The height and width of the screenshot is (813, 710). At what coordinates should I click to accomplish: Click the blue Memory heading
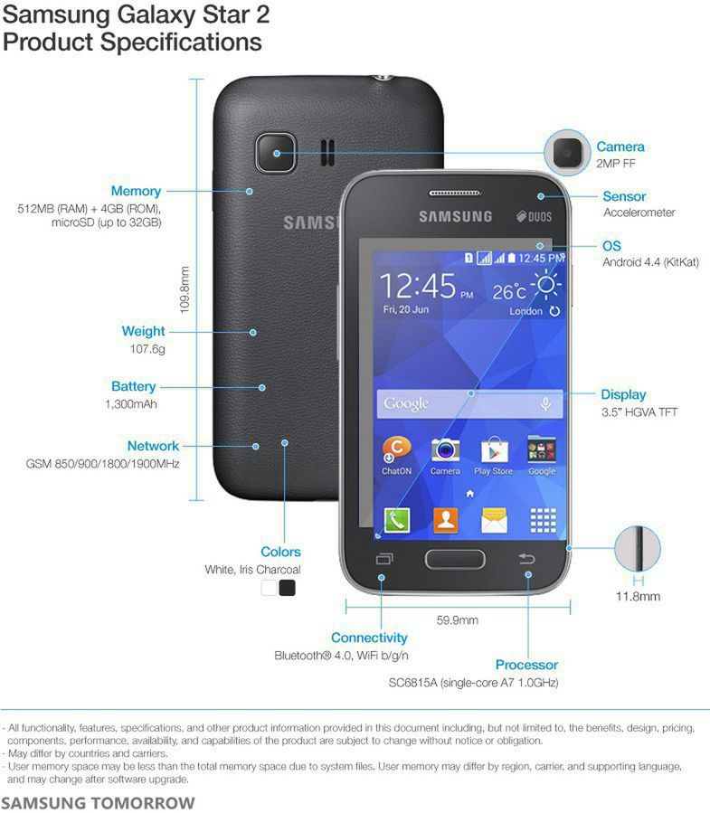(x=136, y=191)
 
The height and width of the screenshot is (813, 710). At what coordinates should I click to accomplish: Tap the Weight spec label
(x=143, y=331)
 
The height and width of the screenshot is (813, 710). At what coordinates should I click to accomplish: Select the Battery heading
(x=133, y=386)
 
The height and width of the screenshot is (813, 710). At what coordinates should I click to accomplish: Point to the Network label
(x=153, y=446)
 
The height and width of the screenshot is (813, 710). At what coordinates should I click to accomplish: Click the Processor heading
(x=526, y=665)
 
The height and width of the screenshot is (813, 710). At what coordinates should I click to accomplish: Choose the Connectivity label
(x=369, y=638)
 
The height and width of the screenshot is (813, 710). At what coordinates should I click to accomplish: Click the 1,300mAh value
(x=131, y=404)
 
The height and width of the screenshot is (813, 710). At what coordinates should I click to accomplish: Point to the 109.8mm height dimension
(x=185, y=289)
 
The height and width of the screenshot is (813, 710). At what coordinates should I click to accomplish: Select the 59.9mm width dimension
(x=457, y=620)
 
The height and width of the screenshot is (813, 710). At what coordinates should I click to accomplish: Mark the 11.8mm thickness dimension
(x=638, y=596)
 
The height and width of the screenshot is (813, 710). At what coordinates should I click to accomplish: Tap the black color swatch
(x=288, y=588)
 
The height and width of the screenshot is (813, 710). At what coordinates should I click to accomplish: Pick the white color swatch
(x=269, y=588)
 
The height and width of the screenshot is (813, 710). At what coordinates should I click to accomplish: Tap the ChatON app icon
(x=396, y=449)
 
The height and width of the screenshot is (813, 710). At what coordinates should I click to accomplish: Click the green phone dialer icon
(x=396, y=520)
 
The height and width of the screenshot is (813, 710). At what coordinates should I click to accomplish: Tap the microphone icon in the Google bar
(x=545, y=404)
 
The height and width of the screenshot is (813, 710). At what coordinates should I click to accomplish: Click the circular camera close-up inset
(x=568, y=154)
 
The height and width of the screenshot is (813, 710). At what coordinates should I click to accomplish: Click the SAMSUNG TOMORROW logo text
(x=98, y=802)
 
